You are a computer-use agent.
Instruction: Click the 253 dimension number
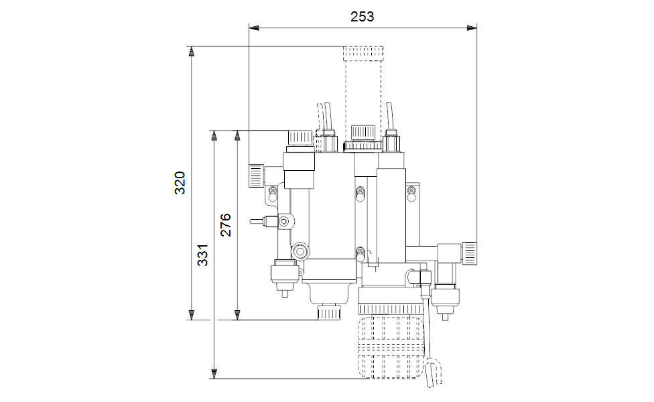(x=362, y=17)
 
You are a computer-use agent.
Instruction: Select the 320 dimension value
(x=180, y=183)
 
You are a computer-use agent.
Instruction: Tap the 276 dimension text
(x=226, y=224)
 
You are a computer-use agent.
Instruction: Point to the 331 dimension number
(x=203, y=255)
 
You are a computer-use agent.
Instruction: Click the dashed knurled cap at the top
(x=363, y=54)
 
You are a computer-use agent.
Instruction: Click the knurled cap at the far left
(x=256, y=176)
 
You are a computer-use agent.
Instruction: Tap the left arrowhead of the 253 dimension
(x=253, y=28)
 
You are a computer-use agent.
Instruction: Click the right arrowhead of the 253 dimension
(x=472, y=28)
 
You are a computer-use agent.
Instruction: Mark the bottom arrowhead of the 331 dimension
(x=214, y=374)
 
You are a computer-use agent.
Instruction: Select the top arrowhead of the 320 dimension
(x=192, y=52)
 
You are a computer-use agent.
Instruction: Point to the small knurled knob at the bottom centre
(x=329, y=312)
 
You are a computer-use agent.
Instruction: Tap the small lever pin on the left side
(x=257, y=221)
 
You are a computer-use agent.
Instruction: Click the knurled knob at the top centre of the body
(x=363, y=132)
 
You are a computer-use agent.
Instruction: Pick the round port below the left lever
(x=300, y=251)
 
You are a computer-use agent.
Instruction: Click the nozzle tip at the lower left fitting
(x=285, y=293)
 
